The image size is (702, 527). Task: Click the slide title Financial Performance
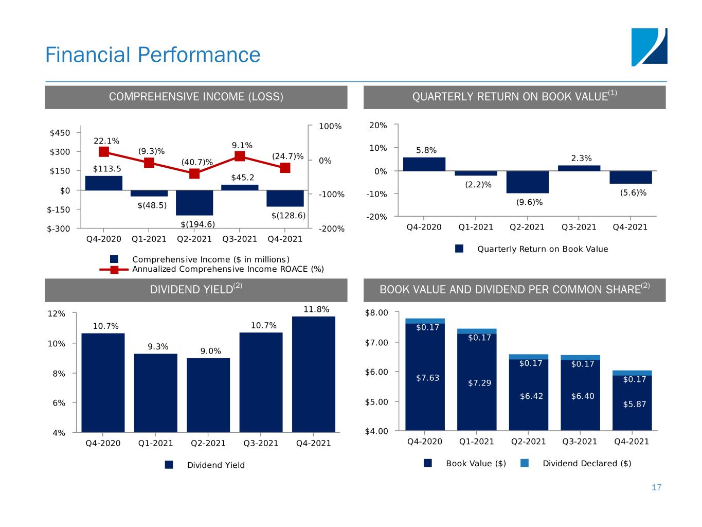coord(153,55)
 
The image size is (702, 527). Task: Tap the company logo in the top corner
coord(649,47)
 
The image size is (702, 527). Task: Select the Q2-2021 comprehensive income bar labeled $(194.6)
coord(194,203)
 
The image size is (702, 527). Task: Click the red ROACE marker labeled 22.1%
coord(104,151)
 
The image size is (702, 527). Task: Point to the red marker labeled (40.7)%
coord(194,173)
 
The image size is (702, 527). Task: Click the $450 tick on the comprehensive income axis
coord(60,133)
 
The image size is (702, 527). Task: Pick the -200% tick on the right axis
coord(330,229)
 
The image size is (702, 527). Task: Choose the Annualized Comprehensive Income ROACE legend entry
coord(228,269)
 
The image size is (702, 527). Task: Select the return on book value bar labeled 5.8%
coord(424,164)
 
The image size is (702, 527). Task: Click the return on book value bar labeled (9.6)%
coord(527,182)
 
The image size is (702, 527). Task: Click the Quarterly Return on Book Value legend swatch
coord(460,249)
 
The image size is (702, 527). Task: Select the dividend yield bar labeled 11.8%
coord(313,374)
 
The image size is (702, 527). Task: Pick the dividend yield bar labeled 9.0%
coord(208,395)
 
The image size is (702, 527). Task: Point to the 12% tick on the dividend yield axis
coord(57,313)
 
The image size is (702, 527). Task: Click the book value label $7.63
coord(427,378)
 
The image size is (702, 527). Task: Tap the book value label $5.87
coord(634,405)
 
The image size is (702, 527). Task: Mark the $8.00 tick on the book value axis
coord(376,312)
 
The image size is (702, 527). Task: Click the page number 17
coord(656,487)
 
